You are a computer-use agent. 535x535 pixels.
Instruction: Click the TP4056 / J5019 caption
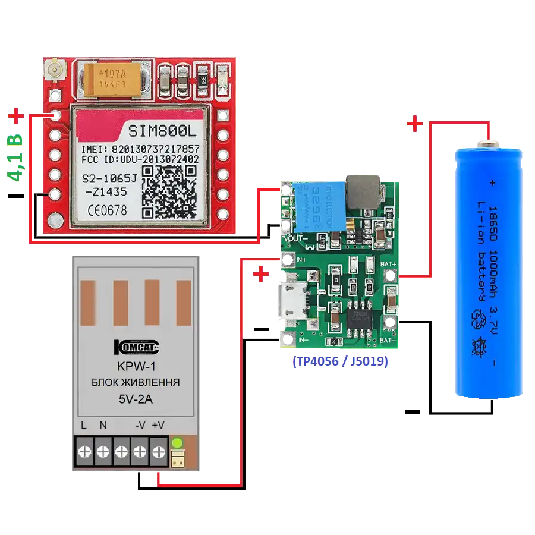coord(340,361)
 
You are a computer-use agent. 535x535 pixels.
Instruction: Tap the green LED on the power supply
coord(177,443)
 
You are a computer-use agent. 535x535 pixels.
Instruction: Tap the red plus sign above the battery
coord(414,124)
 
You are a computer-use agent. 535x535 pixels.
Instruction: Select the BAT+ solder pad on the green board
coord(391,275)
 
